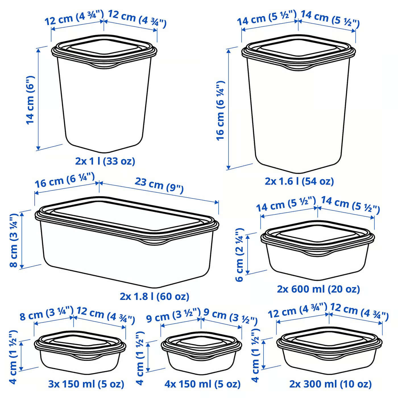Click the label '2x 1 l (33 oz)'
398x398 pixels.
[x=105, y=161]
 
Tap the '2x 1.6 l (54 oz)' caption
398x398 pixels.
[x=299, y=181]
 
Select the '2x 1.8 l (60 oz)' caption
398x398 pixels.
[x=154, y=297]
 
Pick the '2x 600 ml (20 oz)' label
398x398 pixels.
[x=318, y=289]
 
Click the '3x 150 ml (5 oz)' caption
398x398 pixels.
[x=86, y=384]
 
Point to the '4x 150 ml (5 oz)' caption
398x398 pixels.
[x=202, y=384]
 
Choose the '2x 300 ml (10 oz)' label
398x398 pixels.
[x=330, y=384]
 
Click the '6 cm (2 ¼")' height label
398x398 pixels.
[x=240, y=254]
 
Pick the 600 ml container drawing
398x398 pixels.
[x=318, y=250]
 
